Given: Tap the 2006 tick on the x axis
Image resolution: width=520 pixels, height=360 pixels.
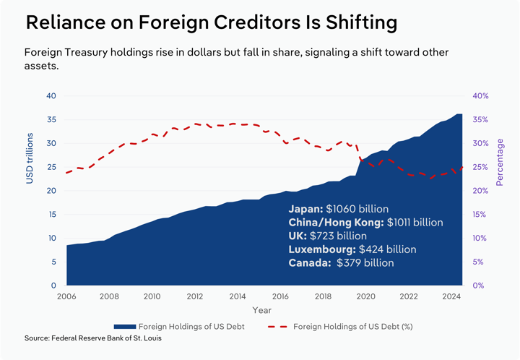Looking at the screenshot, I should [66, 296].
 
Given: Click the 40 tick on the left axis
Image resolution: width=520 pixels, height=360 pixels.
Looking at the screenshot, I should [51, 96].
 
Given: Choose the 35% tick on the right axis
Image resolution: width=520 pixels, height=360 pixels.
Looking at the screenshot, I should [481, 120].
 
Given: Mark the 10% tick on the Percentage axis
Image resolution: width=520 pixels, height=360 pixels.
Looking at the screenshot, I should [481, 239].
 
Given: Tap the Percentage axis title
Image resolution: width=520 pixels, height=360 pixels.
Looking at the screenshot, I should [500, 163].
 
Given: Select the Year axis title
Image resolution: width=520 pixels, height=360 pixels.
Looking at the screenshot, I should [262, 311].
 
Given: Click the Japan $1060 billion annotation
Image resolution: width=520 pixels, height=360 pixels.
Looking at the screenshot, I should [339, 208].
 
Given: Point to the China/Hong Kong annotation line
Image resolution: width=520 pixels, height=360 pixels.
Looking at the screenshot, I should [365, 222].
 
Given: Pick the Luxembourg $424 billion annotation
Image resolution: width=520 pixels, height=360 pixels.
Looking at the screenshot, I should [352, 249].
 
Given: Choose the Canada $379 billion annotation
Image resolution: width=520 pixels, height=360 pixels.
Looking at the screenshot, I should [341, 263].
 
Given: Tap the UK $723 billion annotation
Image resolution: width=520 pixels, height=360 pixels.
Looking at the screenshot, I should [327, 236].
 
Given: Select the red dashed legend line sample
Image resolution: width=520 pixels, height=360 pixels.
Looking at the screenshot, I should [278, 327].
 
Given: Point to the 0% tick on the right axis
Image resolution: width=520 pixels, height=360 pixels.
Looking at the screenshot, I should [481, 286].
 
